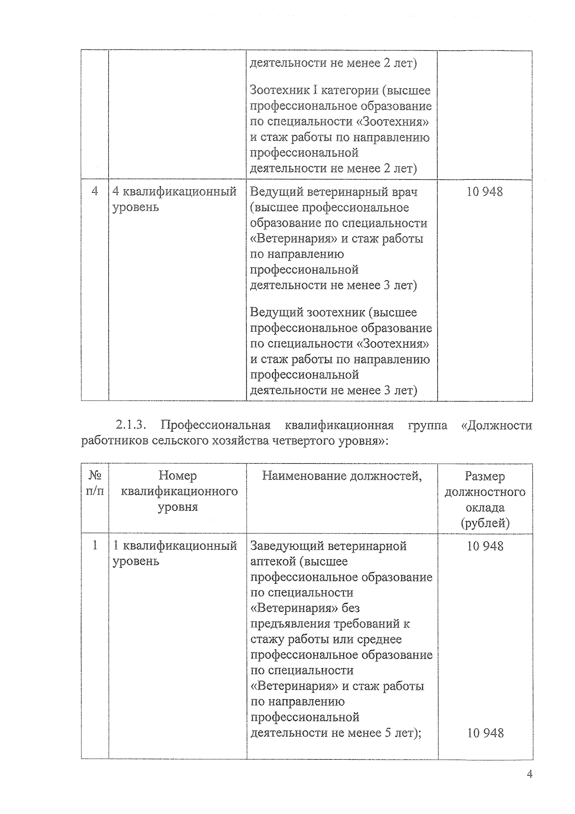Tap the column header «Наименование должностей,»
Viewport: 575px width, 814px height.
tap(342, 476)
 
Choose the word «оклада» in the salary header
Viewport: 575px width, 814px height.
tap(485, 507)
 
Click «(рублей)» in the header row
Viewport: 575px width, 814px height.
tap(485, 523)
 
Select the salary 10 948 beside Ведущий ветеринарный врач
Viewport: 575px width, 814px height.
tap(484, 192)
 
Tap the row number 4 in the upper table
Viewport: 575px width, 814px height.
tap(94, 191)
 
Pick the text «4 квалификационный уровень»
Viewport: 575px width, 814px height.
tap(174, 199)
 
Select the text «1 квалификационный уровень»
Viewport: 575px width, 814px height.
tap(174, 553)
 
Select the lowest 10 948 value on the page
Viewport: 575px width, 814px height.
tap(485, 733)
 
